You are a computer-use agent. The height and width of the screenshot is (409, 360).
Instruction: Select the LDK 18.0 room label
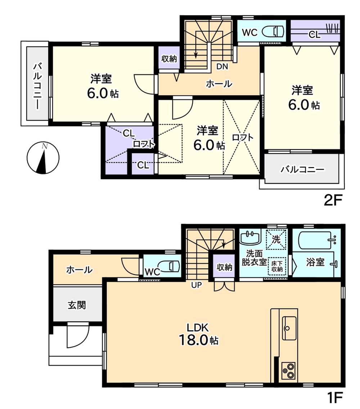click(x=198, y=334)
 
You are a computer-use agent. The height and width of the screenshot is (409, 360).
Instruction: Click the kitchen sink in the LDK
click(x=289, y=328)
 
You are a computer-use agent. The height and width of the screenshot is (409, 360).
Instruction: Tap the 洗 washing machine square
click(x=276, y=238)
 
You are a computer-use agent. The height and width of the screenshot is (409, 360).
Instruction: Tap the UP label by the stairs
click(x=197, y=285)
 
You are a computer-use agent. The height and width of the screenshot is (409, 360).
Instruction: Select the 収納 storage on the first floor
click(x=224, y=267)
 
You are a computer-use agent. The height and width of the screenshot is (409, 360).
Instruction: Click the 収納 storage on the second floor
click(x=169, y=59)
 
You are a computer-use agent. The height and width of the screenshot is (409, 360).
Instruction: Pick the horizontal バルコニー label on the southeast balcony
click(x=302, y=169)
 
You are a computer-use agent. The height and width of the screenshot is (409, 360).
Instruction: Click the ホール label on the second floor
click(x=219, y=84)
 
